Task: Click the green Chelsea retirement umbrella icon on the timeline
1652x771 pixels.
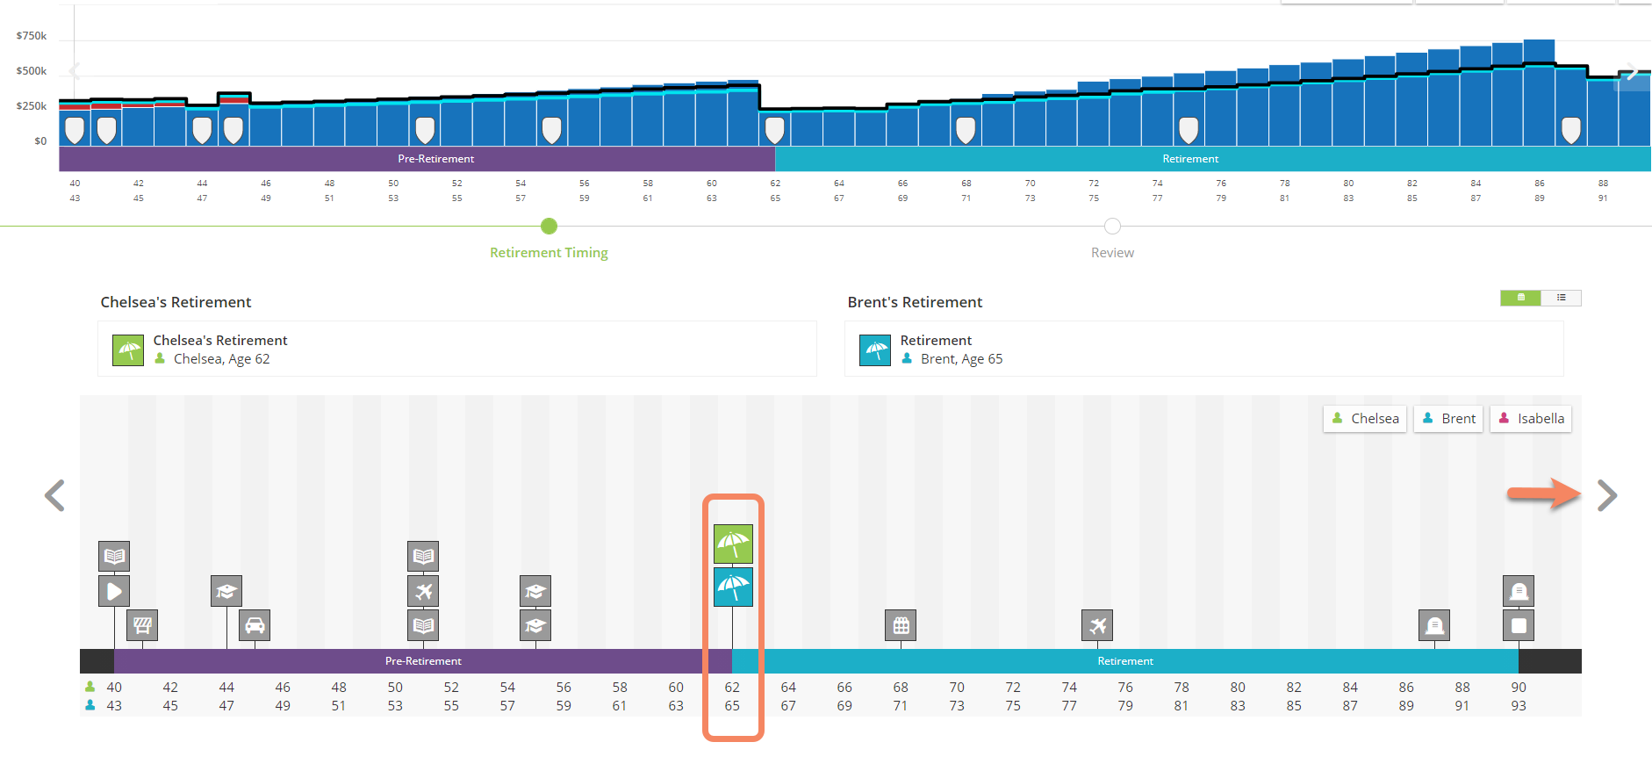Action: (x=733, y=544)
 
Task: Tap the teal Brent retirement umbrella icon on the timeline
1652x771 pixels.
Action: (x=733, y=587)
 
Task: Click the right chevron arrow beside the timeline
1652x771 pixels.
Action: (x=1606, y=496)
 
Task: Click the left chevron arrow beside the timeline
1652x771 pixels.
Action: (x=55, y=496)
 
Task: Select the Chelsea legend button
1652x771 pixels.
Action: (x=1365, y=419)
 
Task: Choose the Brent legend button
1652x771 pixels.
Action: (x=1448, y=419)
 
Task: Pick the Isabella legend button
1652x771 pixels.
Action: (x=1531, y=419)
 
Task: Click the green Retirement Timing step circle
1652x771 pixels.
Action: (x=549, y=227)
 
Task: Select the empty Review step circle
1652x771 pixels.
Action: (x=1112, y=227)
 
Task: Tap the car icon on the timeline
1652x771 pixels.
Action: (x=255, y=625)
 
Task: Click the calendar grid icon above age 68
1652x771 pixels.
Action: (x=901, y=625)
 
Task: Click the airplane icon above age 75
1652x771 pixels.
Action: (x=1097, y=625)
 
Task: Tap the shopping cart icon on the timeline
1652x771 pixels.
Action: (x=142, y=625)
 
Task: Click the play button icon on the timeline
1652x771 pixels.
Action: (x=114, y=591)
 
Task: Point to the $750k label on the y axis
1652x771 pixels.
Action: (x=32, y=36)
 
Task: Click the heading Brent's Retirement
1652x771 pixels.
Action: (x=915, y=302)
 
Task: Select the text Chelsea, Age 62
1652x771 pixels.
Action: (x=221, y=359)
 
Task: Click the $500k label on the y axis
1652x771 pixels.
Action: (x=32, y=71)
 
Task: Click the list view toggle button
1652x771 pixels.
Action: (x=1561, y=298)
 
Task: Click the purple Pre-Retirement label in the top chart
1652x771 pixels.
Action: (x=435, y=159)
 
